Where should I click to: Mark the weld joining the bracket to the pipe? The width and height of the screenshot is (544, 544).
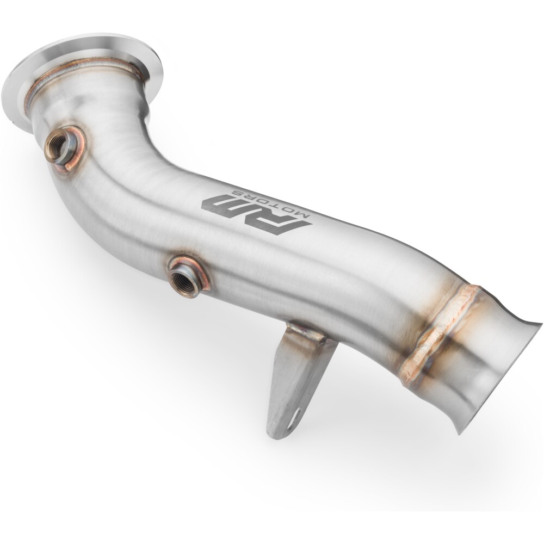(x=310, y=333)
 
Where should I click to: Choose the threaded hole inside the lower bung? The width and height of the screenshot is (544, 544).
(x=180, y=280)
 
